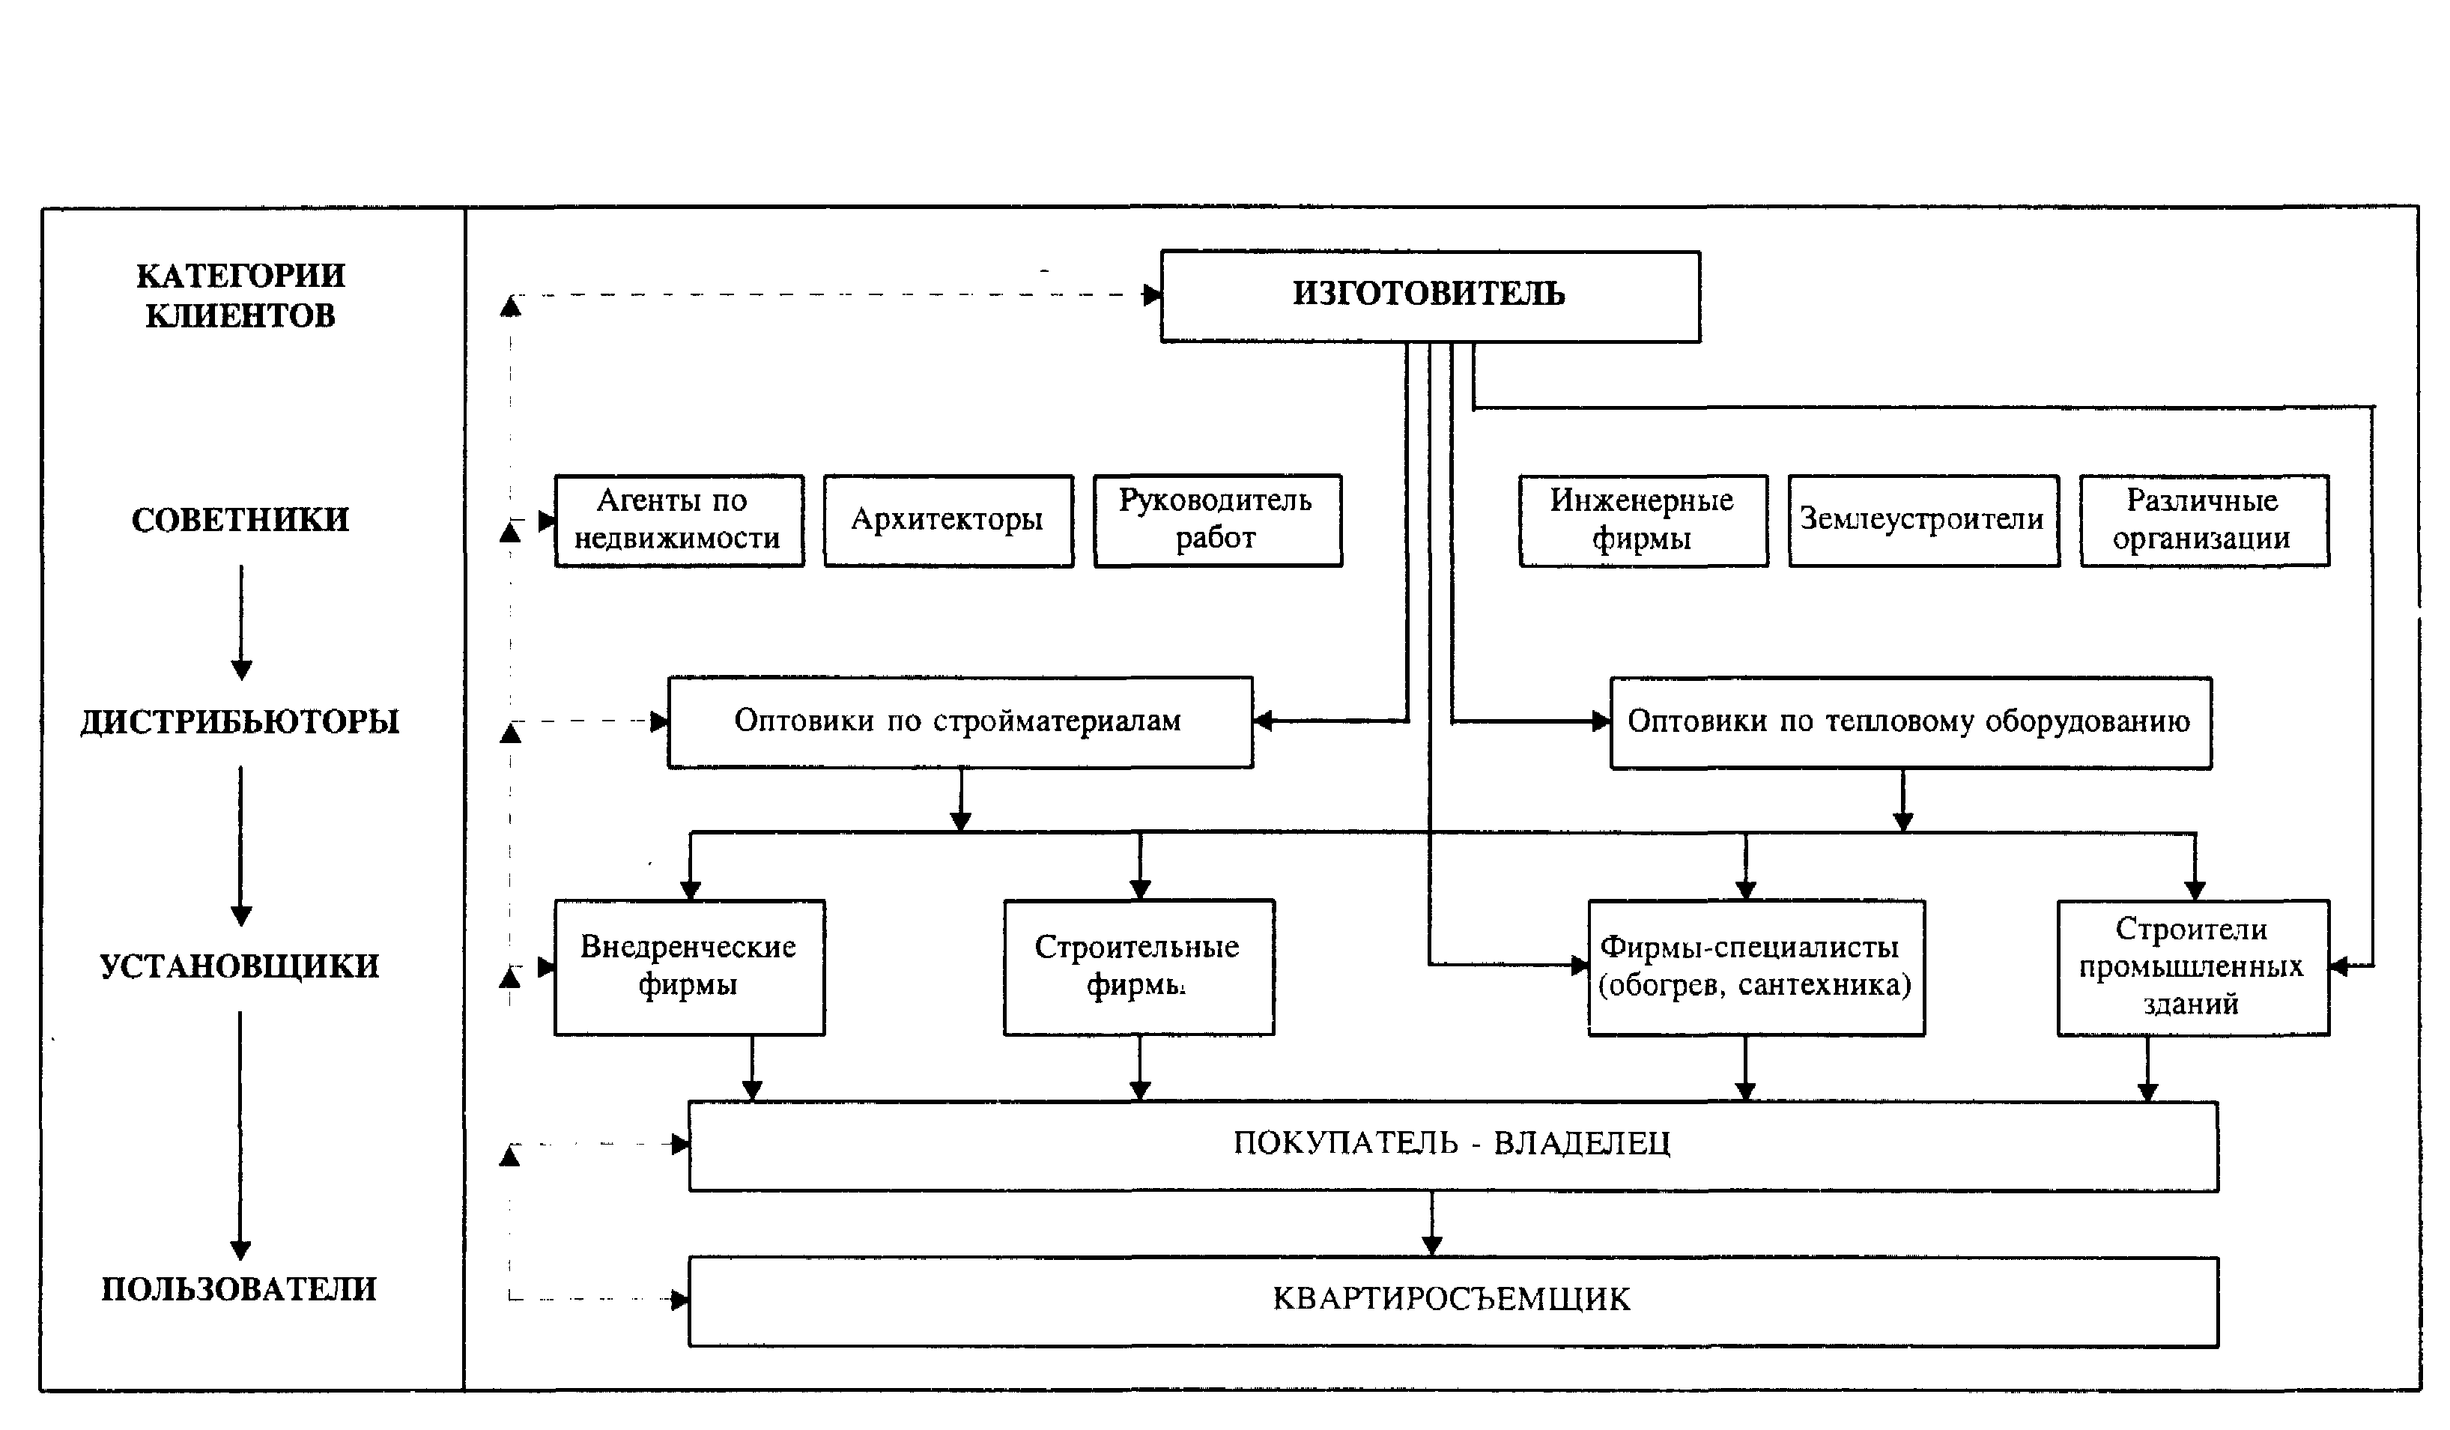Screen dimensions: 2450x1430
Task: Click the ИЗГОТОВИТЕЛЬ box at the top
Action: [1430, 297]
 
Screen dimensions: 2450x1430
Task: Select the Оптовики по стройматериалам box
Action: [960, 722]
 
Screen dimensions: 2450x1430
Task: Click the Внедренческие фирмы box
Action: [689, 967]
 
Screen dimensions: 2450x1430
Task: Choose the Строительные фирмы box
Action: [1139, 967]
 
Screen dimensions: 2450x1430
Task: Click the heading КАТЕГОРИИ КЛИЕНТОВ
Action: [240, 296]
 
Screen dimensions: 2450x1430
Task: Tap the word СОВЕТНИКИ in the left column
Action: [240, 520]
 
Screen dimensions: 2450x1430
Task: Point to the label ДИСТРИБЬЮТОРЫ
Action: [240, 722]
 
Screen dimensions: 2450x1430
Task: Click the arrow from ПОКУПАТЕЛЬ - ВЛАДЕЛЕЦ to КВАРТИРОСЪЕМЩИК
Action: [1431, 1224]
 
